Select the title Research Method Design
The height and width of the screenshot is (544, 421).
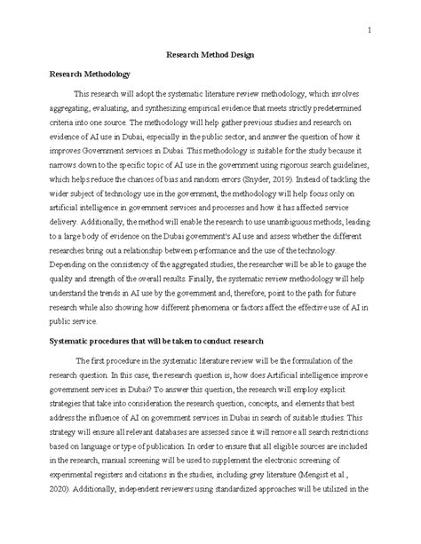(x=210, y=54)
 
